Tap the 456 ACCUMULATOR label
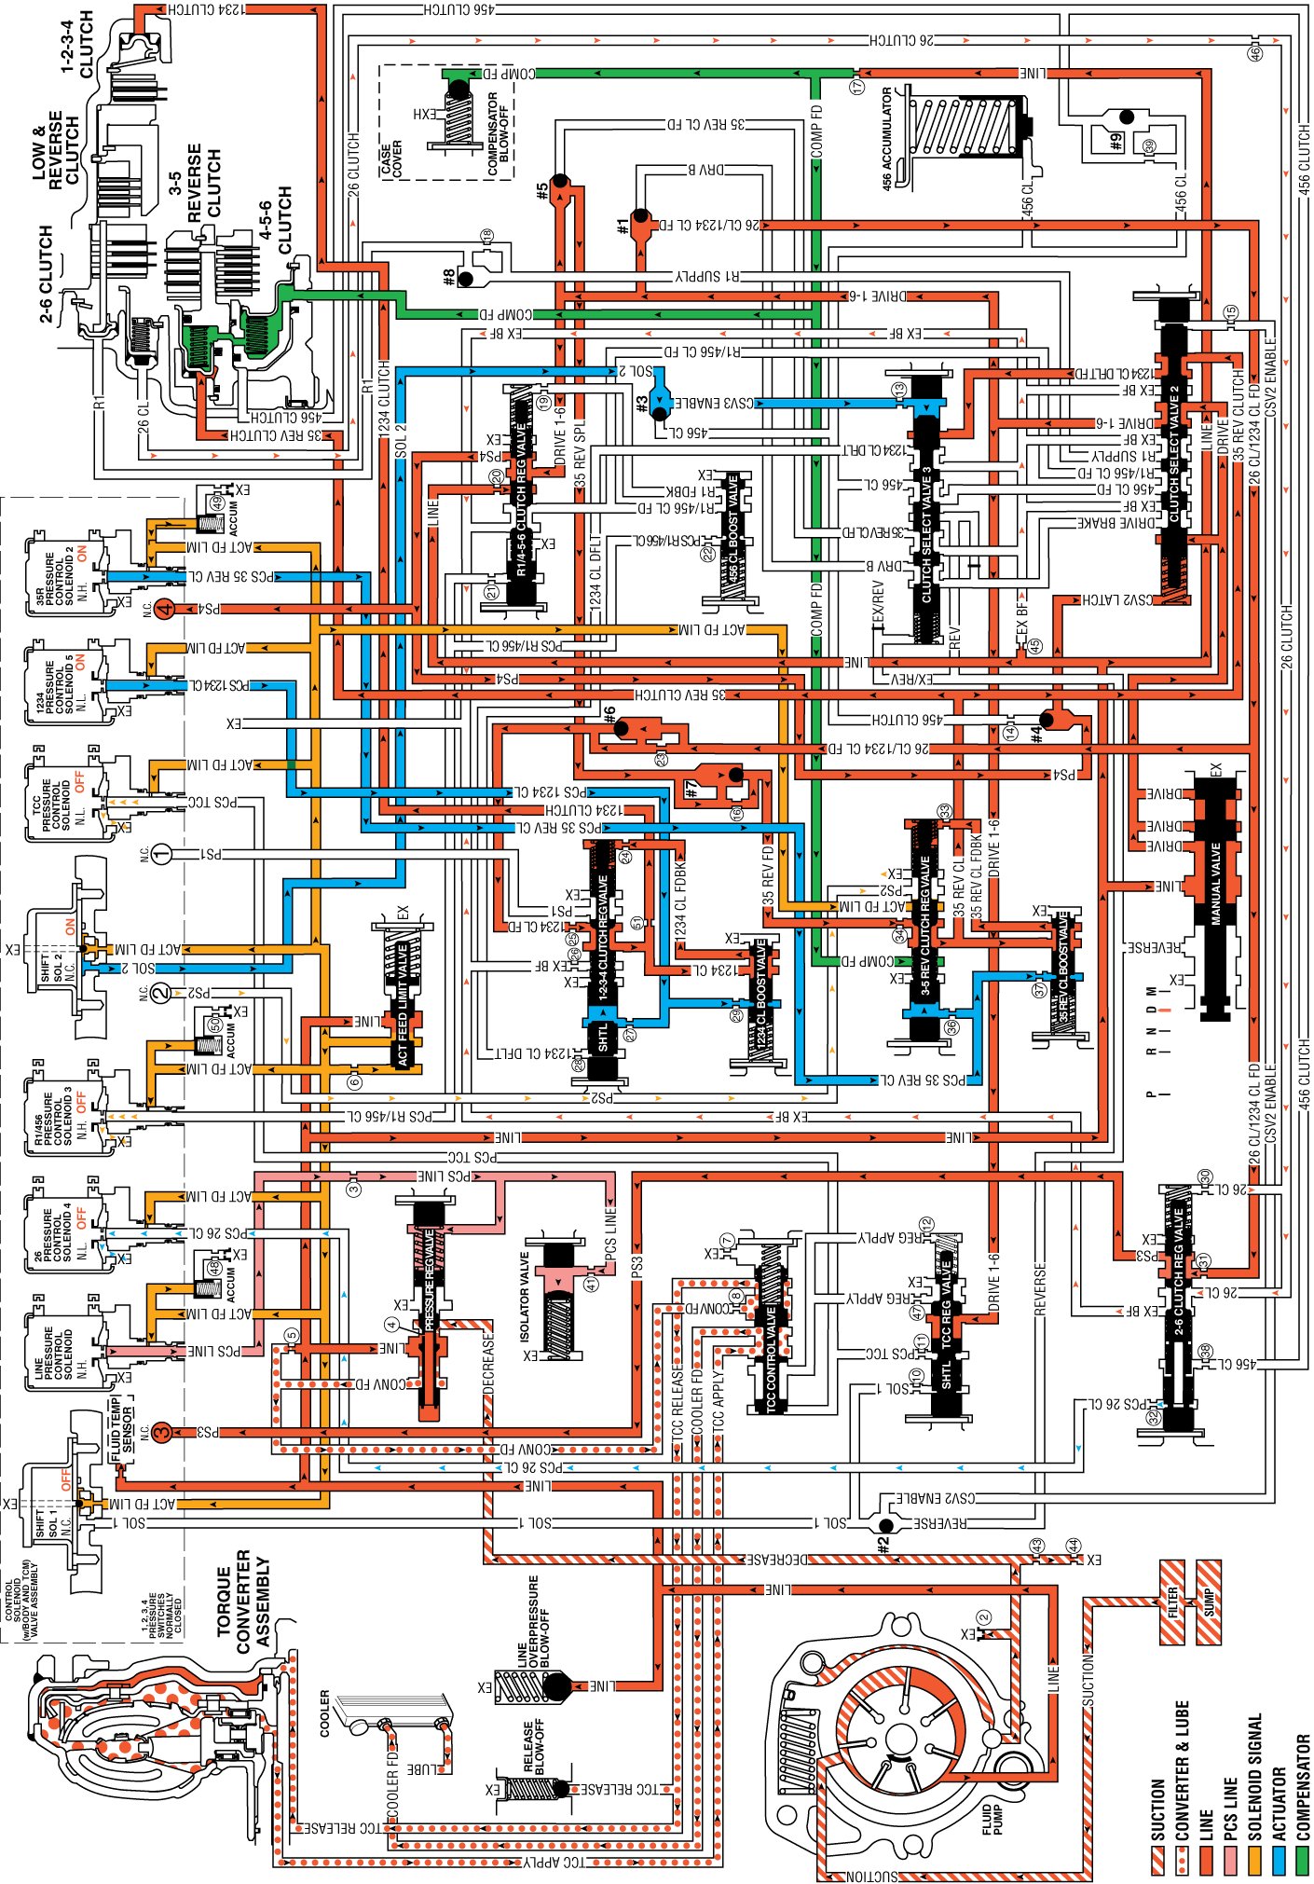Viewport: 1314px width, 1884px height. point(887,138)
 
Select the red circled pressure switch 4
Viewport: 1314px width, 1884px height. point(165,610)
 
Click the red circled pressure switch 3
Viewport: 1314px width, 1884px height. point(161,1432)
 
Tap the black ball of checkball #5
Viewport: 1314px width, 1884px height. point(559,181)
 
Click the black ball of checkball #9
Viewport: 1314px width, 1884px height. point(1127,117)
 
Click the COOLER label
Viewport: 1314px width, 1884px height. point(324,1713)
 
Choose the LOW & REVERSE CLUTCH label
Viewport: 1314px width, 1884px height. point(56,153)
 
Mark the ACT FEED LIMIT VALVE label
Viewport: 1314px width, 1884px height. point(403,1004)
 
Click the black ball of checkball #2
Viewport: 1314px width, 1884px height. point(885,1525)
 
